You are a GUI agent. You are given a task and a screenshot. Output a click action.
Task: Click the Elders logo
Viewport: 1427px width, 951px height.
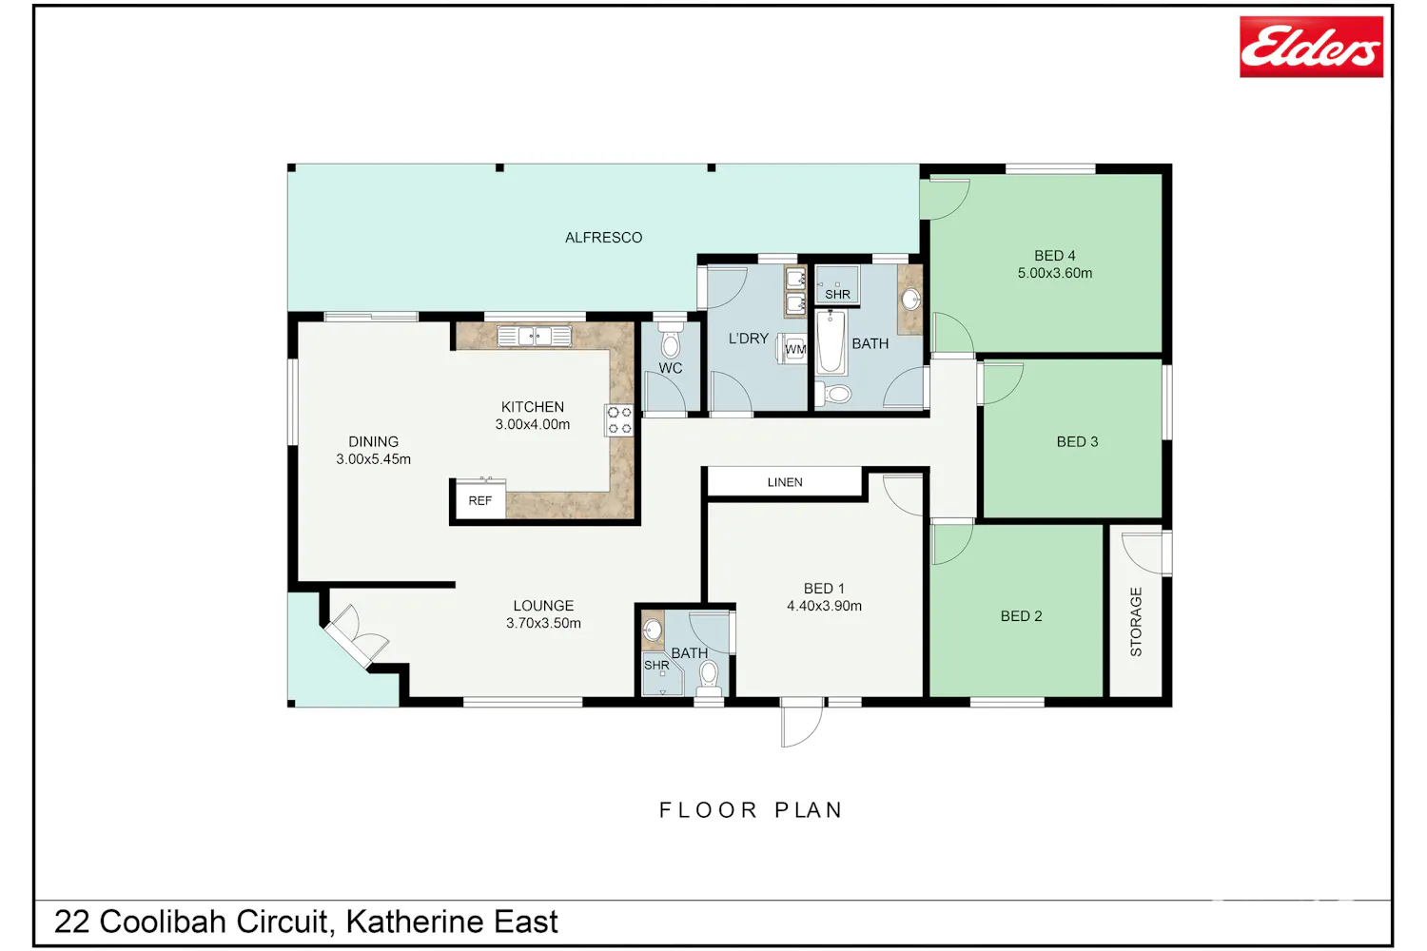1311,47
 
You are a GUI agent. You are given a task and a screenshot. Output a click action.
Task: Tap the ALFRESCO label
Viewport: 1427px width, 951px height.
603,238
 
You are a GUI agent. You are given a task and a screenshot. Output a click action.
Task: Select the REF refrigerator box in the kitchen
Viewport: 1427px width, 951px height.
480,500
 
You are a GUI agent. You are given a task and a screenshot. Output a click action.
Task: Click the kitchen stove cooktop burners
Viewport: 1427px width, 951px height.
618,420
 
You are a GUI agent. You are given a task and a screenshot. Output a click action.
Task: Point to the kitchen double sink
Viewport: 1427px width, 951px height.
534,336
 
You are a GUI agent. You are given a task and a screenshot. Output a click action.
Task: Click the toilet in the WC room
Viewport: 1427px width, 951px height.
670,340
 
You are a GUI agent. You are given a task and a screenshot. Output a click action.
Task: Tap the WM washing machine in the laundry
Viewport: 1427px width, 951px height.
792,348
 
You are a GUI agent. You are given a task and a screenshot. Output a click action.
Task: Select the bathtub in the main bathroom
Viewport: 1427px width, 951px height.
831,342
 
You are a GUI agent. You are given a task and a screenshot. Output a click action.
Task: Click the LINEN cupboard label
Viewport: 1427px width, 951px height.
785,482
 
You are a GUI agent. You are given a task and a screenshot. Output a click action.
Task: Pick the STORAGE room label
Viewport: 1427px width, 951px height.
1136,622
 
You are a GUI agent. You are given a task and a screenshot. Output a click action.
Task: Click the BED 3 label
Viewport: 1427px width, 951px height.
1077,441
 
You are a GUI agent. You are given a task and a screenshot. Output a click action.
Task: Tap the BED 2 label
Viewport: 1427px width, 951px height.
1021,616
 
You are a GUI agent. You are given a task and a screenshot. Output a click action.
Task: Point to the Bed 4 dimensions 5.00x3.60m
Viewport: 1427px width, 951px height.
1054,273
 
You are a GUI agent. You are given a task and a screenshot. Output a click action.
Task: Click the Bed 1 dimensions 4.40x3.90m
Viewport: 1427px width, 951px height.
825,606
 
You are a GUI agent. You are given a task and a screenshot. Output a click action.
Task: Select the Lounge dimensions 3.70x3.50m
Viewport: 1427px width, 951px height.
543,623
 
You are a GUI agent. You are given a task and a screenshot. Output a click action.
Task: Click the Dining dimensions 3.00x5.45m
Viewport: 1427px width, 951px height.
373,458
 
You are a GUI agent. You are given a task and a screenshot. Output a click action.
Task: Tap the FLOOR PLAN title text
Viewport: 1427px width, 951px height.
752,810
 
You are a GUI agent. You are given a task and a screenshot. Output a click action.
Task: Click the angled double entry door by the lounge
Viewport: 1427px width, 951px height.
356,635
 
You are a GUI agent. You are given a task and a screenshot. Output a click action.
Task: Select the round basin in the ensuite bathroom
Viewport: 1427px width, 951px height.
652,631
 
